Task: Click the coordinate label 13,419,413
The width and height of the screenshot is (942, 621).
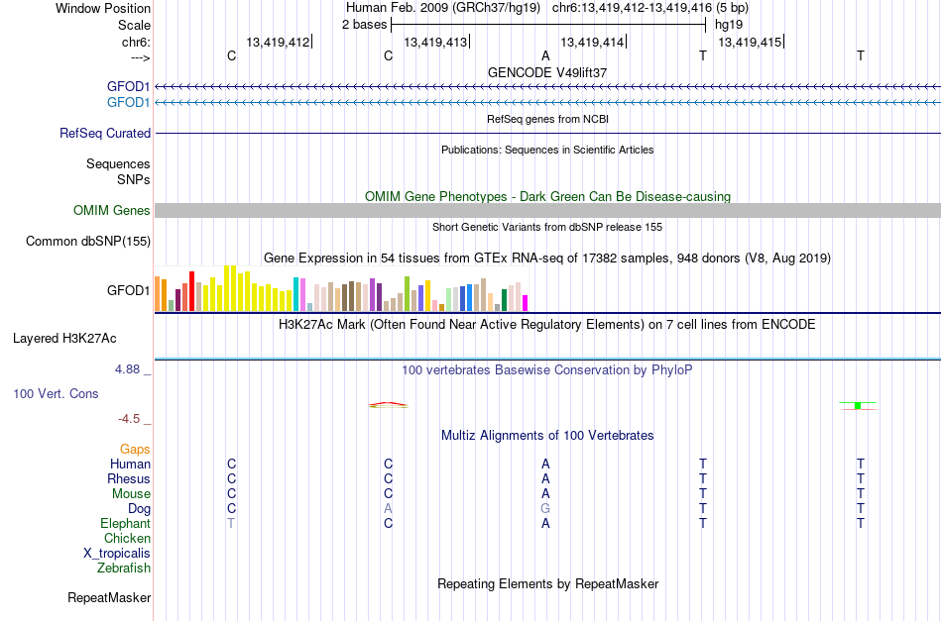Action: coord(435,42)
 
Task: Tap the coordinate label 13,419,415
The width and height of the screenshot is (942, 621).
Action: coord(750,42)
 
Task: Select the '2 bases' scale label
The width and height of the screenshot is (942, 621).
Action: coord(365,25)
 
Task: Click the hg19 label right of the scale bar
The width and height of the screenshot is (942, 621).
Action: coord(729,25)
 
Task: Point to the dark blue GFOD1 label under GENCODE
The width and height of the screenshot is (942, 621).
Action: coord(129,87)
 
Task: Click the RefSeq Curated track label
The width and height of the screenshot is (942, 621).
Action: coord(105,133)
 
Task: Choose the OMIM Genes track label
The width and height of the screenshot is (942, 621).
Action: coord(112,211)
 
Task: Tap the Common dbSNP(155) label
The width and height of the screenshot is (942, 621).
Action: coord(88,242)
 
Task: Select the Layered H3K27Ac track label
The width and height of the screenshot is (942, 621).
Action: coord(64,339)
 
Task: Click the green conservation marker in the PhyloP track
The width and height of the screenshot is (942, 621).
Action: coord(858,406)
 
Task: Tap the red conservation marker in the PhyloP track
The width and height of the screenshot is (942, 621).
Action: coord(388,405)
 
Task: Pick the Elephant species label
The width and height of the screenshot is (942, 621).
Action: coord(126,523)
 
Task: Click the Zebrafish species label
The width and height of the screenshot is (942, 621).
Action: coord(124,568)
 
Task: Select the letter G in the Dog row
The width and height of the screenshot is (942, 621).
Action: coord(545,509)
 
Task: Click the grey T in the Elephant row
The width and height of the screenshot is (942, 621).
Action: coord(231,523)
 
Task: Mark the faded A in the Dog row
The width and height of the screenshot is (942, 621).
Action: coord(388,509)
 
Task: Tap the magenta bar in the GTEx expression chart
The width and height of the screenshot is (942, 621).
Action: coord(526,303)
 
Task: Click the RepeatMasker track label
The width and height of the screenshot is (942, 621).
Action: coord(109,597)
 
